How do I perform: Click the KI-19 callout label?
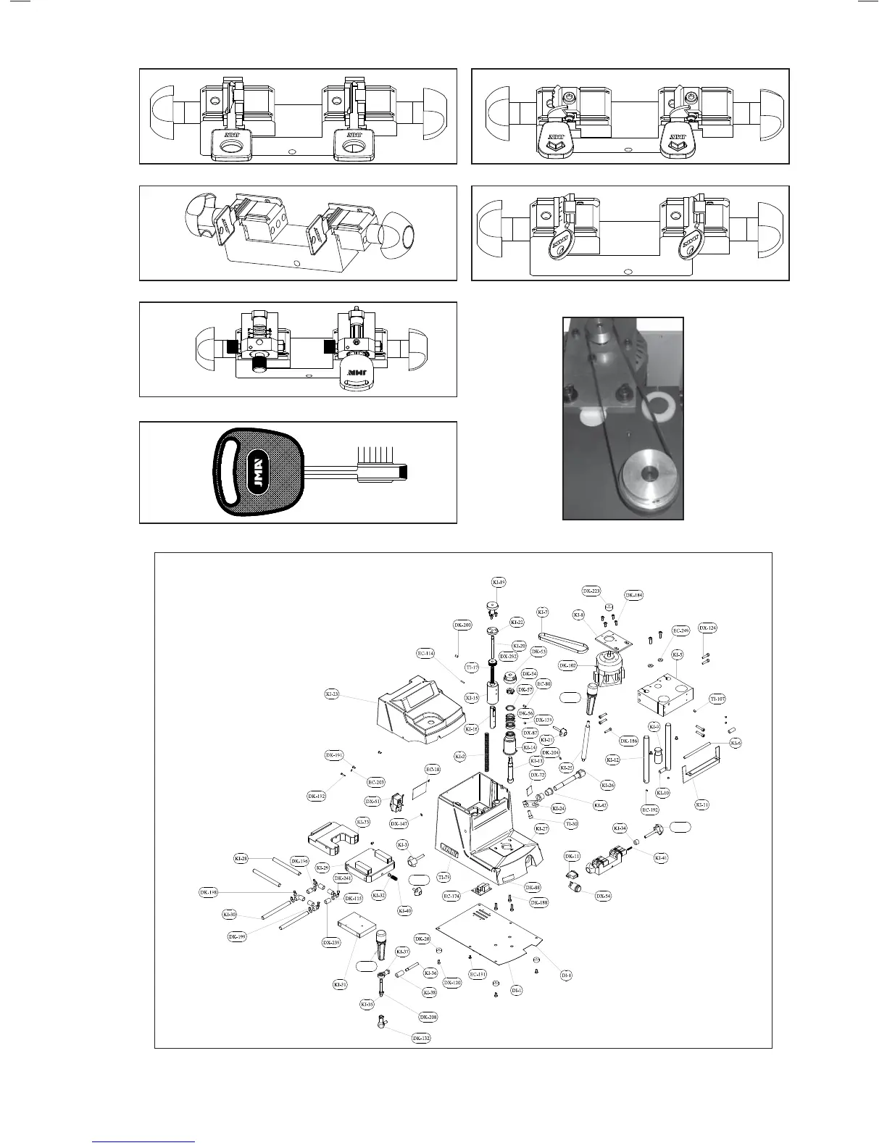(x=499, y=582)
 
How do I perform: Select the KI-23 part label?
(x=331, y=694)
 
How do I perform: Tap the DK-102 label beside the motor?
(x=567, y=665)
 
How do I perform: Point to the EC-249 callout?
(x=680, y=631)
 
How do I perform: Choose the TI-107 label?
(x=717, y=699)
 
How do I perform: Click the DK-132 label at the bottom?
(x=421, y=1039)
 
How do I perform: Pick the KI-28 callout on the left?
(x=241, y=858)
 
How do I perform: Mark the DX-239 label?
(x=330, y=942)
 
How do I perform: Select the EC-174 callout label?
(x=451, y=897)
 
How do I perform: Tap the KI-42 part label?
(x=600, y=804)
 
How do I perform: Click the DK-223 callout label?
(x=591, y=591)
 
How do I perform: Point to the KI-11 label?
(x=701, y=804)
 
